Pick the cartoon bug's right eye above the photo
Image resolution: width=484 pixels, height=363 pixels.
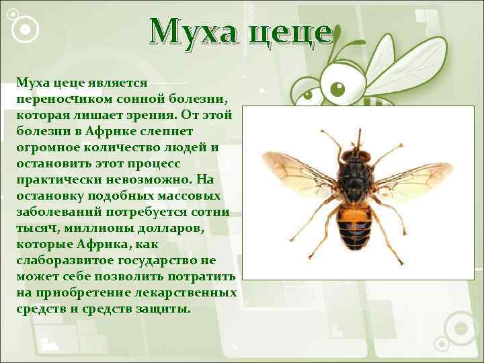pyautogui.click(x=337, y=88)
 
